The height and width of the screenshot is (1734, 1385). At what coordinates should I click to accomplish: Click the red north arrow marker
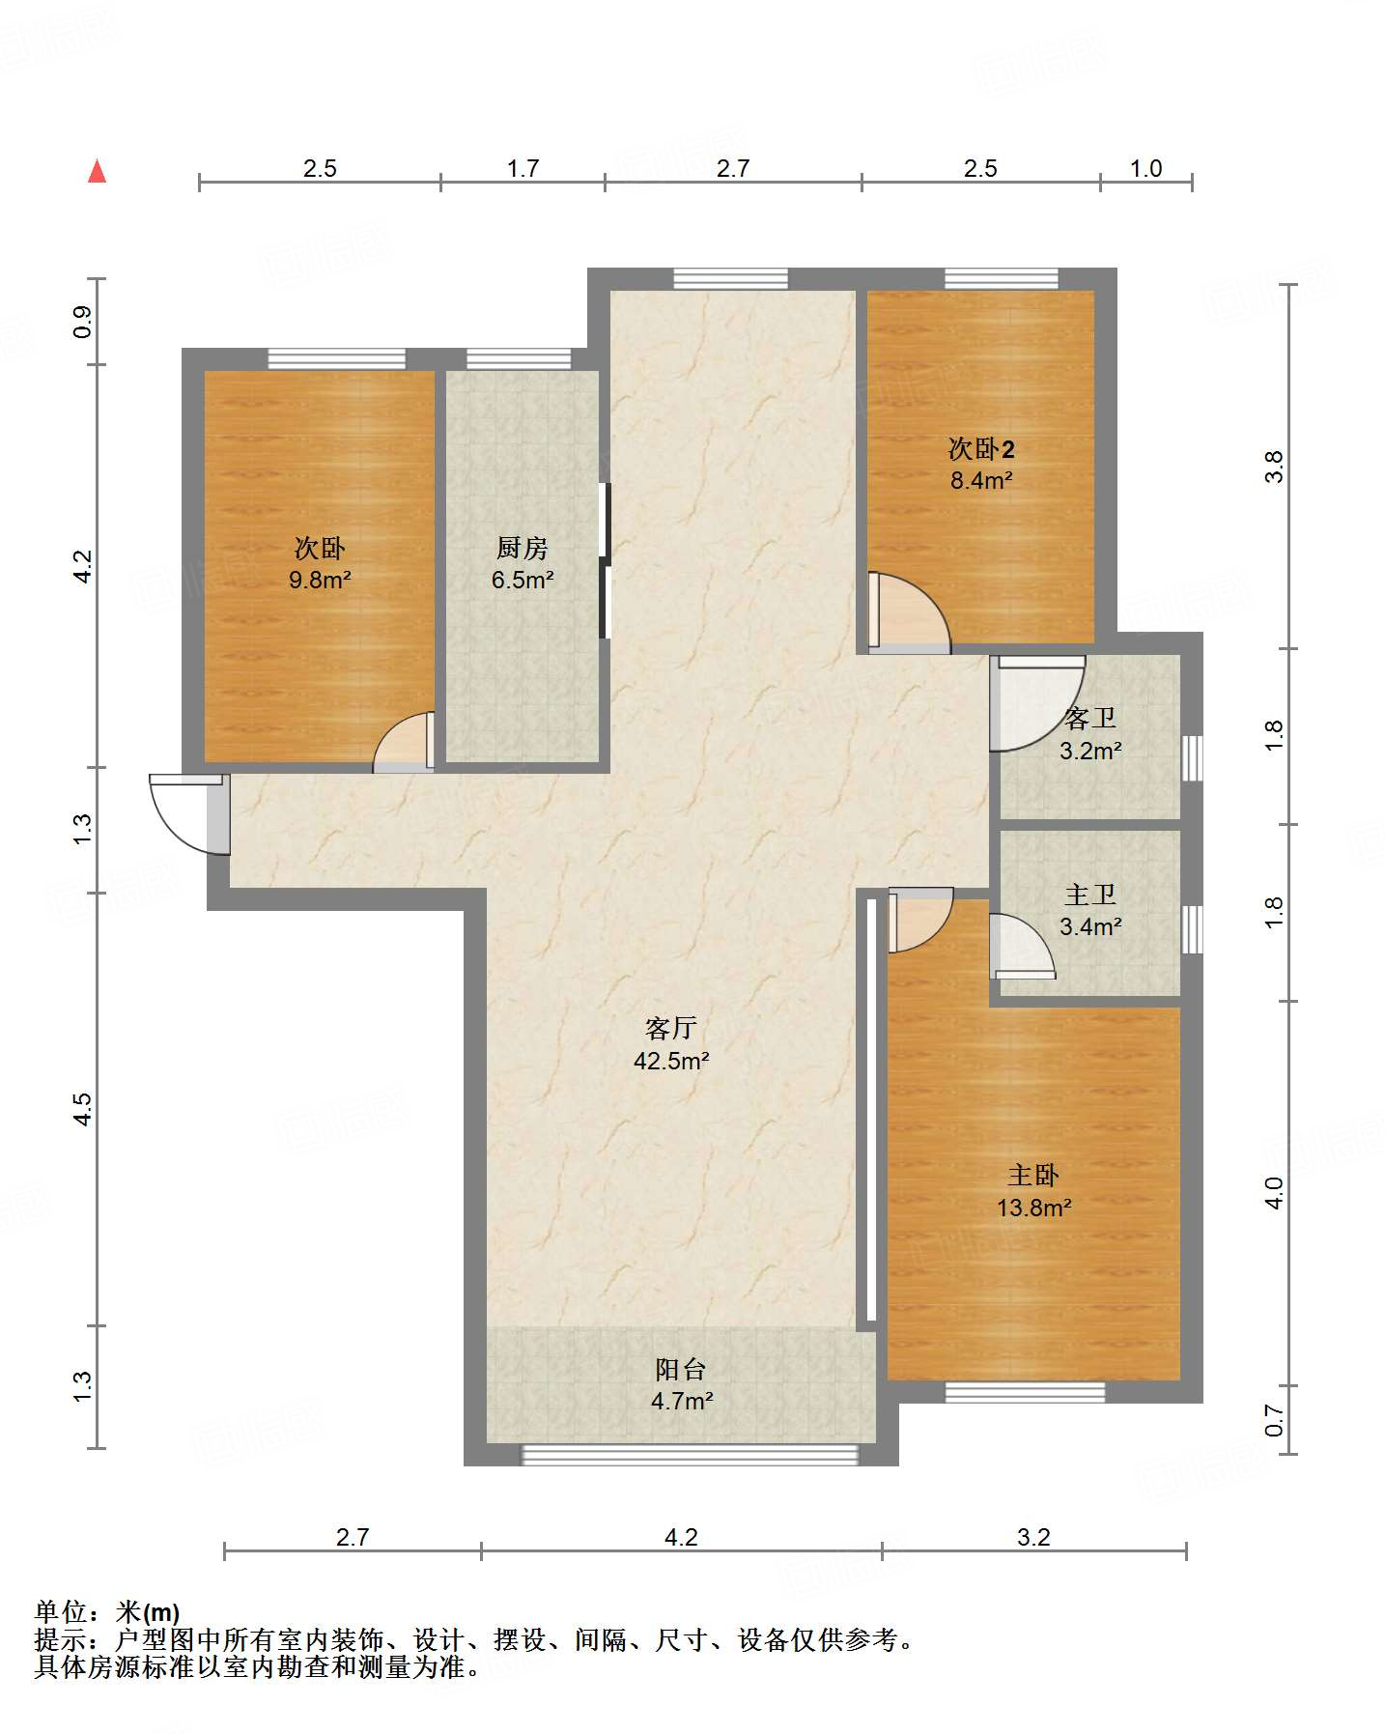click(x=97, y=171)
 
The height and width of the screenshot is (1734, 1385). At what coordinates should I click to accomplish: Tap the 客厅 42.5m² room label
click(x=671, y=1044)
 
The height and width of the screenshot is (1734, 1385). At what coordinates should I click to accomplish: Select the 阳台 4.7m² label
click(x=681, y=1384)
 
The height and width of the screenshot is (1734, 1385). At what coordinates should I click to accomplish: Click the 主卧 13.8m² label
click(x=1033, y=1190)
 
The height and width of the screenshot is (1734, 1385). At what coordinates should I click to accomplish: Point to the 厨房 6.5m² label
click(x=522, y=563)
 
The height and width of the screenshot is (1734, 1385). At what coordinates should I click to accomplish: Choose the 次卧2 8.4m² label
click(x=980, y=464)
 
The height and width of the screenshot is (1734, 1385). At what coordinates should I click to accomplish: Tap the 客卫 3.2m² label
click(x=1090, y=734)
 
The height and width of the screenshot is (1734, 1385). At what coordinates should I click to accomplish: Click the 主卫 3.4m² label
click(x=1090, y=910)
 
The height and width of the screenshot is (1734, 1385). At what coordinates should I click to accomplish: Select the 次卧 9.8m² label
click(x=319, y=563)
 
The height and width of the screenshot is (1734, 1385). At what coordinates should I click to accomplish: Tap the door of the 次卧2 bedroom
click(x=908, y=613)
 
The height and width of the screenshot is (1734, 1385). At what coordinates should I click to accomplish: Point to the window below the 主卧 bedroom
click(x=1024, y=1392)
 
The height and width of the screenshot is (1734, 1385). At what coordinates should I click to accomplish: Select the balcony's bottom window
click(x=690, y=1455)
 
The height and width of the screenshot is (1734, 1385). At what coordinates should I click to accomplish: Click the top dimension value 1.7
click(x=523, y=168)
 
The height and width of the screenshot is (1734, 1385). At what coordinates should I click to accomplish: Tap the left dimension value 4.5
click(x=83, y=1108)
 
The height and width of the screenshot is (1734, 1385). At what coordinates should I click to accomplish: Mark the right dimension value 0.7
click(x=1275, y=1420)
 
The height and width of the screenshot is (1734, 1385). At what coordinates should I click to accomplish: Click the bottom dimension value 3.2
click(x=1033, y=1537)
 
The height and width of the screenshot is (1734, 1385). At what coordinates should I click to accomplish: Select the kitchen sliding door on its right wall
click(x=605, y=560)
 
